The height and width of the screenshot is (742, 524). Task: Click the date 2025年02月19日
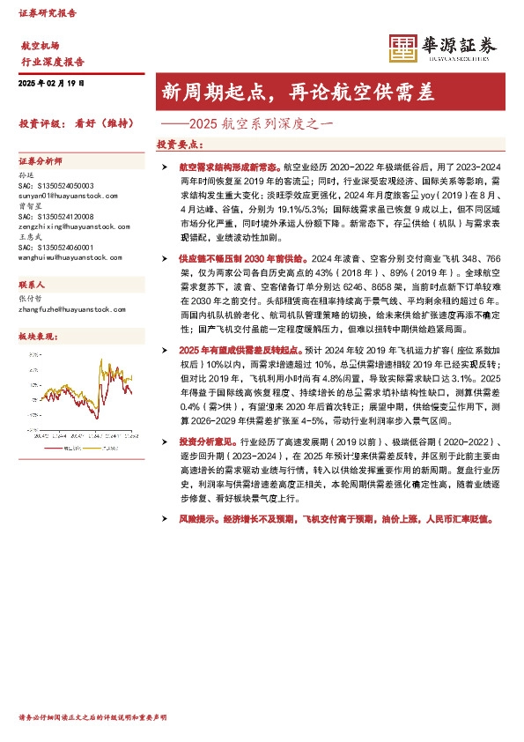click(52, 83)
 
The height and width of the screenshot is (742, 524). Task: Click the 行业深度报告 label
click(53, 62)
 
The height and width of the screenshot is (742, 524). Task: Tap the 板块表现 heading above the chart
click(38, 337)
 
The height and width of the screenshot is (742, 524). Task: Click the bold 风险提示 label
click(199, 522)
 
